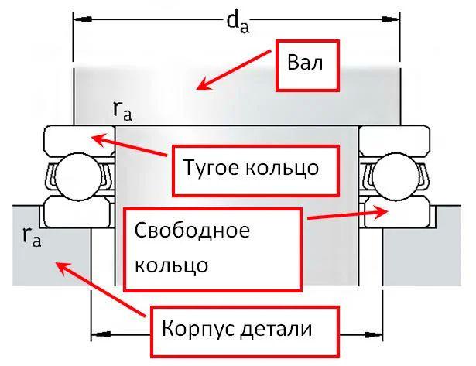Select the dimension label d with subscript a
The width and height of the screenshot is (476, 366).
coord(237,22)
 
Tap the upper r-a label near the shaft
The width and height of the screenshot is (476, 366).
coord(122,112)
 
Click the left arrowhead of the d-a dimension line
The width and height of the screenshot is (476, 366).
coord(80,17)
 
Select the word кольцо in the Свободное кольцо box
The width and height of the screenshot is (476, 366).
coord(171,265)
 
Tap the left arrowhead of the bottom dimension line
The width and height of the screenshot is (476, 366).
coord(98,335)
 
